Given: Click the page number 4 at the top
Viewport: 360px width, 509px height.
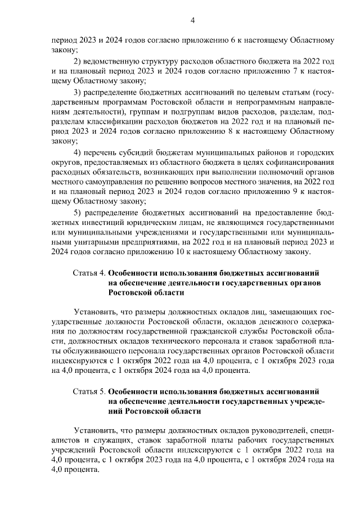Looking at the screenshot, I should tap(192, 21).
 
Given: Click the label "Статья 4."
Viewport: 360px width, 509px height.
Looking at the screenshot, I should tap(89, 272).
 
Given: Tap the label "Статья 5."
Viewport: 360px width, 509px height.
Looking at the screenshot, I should tap(89, 390).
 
